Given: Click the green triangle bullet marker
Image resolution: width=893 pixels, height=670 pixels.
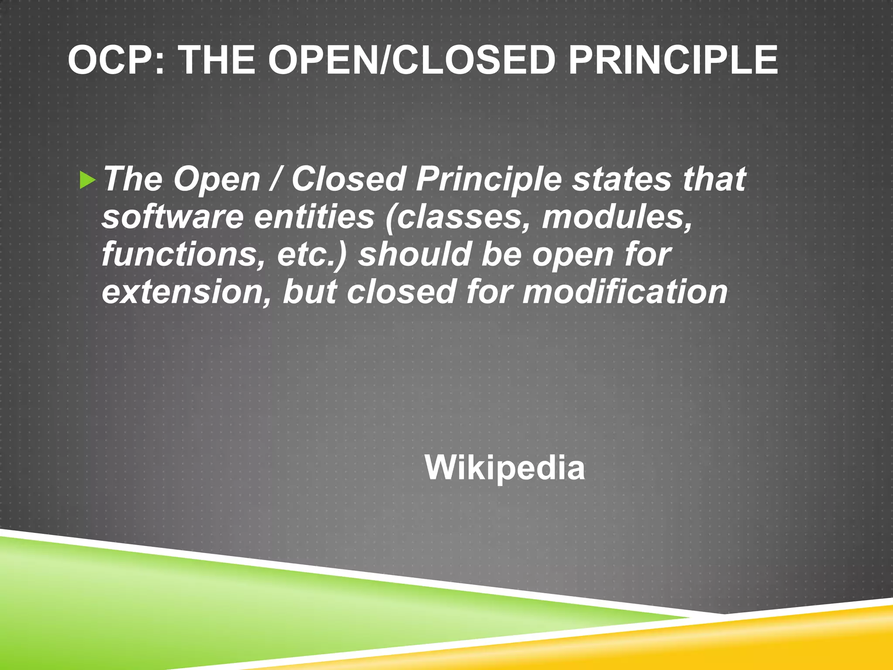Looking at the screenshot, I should click(x=87, y=181).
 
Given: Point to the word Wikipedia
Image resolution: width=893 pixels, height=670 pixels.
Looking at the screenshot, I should click(x=504, y=468).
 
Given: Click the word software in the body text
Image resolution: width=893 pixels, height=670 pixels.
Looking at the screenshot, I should click(x=172, y=217).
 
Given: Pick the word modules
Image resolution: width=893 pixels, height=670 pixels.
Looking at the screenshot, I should click(x=616, y=217).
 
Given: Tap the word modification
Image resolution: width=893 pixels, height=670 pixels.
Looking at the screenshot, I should click(x=625, y=292).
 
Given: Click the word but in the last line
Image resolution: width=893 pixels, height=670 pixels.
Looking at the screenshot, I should click(x=310, y=292).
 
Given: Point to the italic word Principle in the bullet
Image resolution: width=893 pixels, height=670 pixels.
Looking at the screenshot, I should click(x=488, y=179).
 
